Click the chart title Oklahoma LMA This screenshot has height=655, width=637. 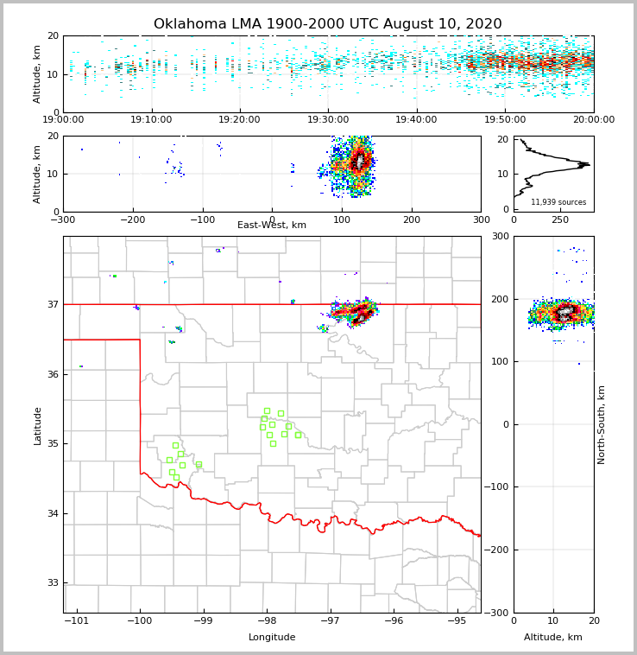(327, 24)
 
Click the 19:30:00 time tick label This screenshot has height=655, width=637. (328, 120)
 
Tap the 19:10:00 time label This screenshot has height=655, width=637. (151, 120)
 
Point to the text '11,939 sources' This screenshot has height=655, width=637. (558, 202)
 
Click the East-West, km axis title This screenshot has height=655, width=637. (272, 226)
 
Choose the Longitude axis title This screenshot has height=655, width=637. (272, 638)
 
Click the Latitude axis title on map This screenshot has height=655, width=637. (37, 425)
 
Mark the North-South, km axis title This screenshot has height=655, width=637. (602, 424)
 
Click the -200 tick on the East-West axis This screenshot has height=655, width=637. (132, 219)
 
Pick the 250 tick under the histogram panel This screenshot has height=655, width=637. (560, 219)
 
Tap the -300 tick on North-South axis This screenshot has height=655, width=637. (500, 613)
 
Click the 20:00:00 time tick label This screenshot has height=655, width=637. (594, 120)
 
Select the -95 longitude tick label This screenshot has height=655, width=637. (456, 620)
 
